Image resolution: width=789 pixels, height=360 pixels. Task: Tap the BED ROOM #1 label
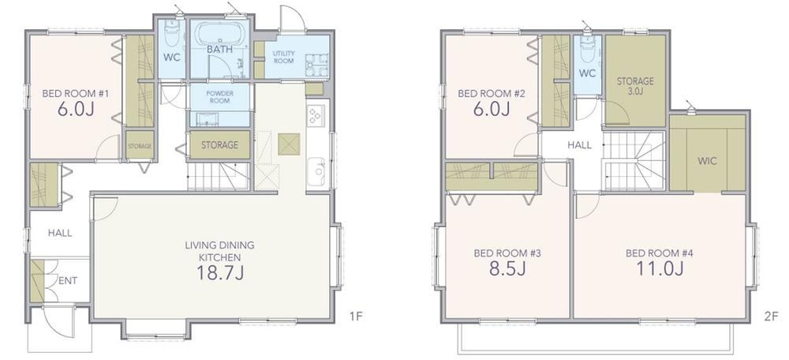coord(76,93)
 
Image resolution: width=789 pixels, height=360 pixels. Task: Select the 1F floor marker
coord(357,317)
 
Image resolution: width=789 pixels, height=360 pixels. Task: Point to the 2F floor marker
coord(772,317)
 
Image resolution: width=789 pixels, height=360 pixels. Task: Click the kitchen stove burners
coord(316,116)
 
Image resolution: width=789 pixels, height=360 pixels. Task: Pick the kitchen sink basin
coord(316,170)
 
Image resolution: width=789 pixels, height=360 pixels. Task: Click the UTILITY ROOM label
coord(284,57)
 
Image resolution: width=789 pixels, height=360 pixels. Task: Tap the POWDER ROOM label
coord(219,96)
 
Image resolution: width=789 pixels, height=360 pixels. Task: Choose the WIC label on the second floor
coord(707,162)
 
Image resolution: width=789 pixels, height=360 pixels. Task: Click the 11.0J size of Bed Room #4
coord(660,269)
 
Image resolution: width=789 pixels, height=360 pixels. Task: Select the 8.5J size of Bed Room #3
coord(507,269)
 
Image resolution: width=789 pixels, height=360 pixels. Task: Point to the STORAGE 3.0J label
coord(635,85)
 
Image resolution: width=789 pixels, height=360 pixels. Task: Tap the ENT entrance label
coord(67,281)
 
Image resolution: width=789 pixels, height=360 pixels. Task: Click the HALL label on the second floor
coord(580,145)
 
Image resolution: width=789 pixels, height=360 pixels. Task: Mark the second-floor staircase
coord(634,161)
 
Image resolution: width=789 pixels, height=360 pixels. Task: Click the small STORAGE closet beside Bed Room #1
coord(140,146)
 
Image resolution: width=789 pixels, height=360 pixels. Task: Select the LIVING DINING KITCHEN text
coord(219,251)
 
